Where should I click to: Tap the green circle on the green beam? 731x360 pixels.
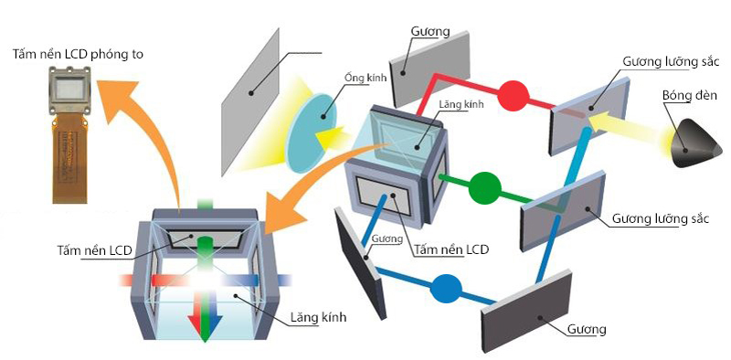485,188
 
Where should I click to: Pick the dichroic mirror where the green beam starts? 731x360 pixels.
562,209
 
